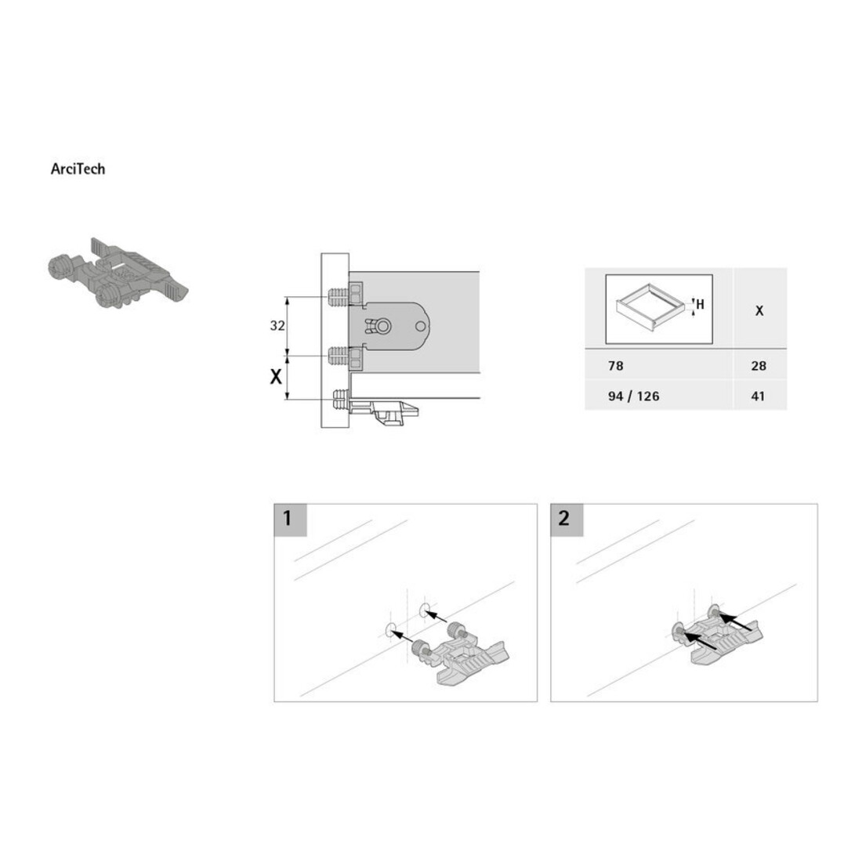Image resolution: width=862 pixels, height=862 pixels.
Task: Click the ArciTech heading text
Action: pyautogui.click(x=78, y=168)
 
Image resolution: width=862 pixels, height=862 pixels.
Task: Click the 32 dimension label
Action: pyautogui.click(x=277, y=325)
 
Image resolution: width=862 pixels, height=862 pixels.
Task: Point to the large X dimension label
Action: pyautogui.click(x=276, y=377)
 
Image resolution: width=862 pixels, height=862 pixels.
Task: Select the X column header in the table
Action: pyautogui.click(x=759, y=310)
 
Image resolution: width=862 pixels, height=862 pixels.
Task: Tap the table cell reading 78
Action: pyautogui.click(x=616, y=366)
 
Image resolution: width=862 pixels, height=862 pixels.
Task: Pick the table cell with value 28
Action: pyautogui.click(x=759, y=366)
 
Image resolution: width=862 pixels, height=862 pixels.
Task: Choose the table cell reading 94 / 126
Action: pyautogui.click(x=633, y=396)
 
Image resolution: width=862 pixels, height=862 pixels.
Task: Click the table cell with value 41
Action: pyautogui.click(x=758, y=396)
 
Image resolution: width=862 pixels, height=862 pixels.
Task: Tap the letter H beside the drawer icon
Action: pyautogui.click(x=700, y=304)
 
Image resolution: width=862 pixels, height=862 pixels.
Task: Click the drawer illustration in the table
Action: pyautogui.click(x=651, y=306)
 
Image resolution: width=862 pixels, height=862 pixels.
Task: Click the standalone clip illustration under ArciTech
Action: pyautogui.click(x=118, y=273)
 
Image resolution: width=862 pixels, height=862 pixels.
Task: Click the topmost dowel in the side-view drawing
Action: pyautogui.click(x=338, y=298)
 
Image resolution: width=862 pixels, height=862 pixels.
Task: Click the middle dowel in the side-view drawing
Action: pyautogui.click(x=338, y=357)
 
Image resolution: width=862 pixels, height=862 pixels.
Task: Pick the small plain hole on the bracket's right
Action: pyautogui.click(x=420, y=327)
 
